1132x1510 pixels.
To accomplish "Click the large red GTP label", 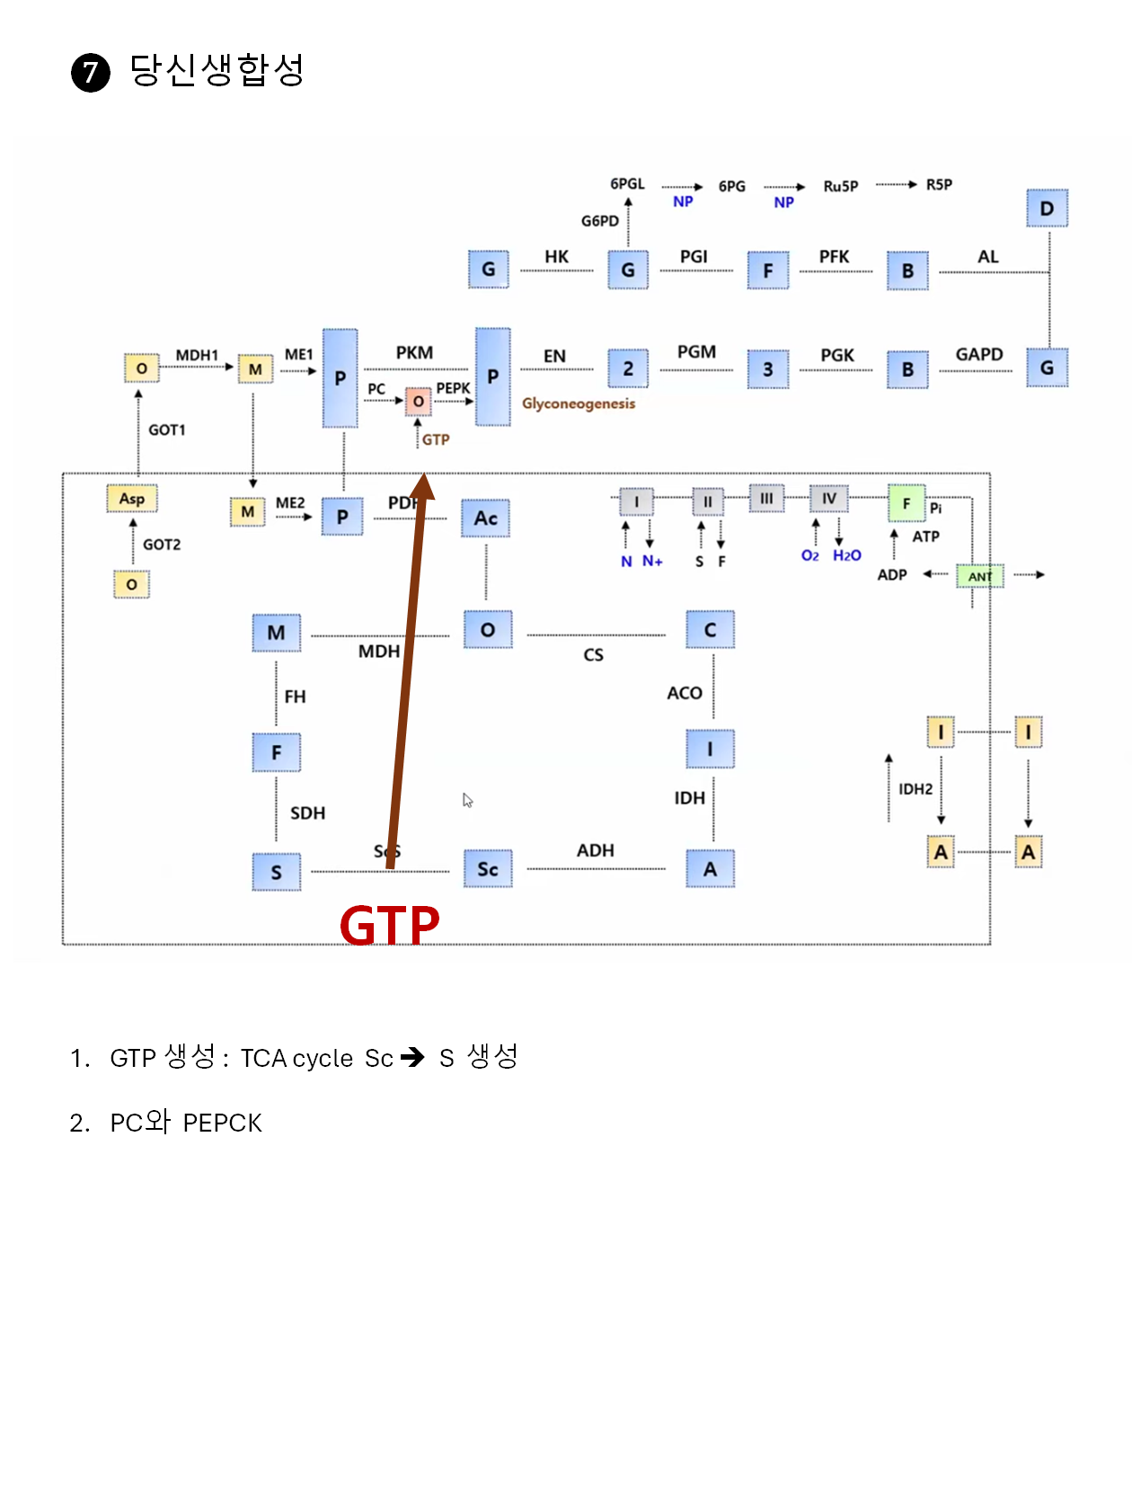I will point(389,926).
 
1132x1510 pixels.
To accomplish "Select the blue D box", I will point(1047,209).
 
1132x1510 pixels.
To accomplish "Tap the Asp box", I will point(132,498).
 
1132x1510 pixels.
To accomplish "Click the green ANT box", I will point(980,576).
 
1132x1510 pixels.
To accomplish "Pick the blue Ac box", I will point(485,518).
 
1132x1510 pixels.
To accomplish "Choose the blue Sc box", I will point(488,869).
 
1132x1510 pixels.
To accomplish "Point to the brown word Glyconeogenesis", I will point(579,404).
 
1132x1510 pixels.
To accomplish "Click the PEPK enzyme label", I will point(453,388).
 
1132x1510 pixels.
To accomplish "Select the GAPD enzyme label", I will point(978,354).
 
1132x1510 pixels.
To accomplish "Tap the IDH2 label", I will point(915,789).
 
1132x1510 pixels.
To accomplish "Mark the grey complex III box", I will point(766,498).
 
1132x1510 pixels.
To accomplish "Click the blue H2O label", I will point(846,555).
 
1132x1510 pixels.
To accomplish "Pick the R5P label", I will point(939,184).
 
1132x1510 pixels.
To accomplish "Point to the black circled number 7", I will point(91,73).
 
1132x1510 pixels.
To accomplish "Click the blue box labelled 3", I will point(768,369).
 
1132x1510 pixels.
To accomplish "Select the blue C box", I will point(710,630).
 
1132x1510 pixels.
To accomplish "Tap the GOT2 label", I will point(162,545).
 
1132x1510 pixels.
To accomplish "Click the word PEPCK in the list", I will point(222,1123).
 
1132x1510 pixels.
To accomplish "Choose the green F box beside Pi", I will point(906,503).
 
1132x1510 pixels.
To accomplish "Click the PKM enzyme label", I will point(414,352).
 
